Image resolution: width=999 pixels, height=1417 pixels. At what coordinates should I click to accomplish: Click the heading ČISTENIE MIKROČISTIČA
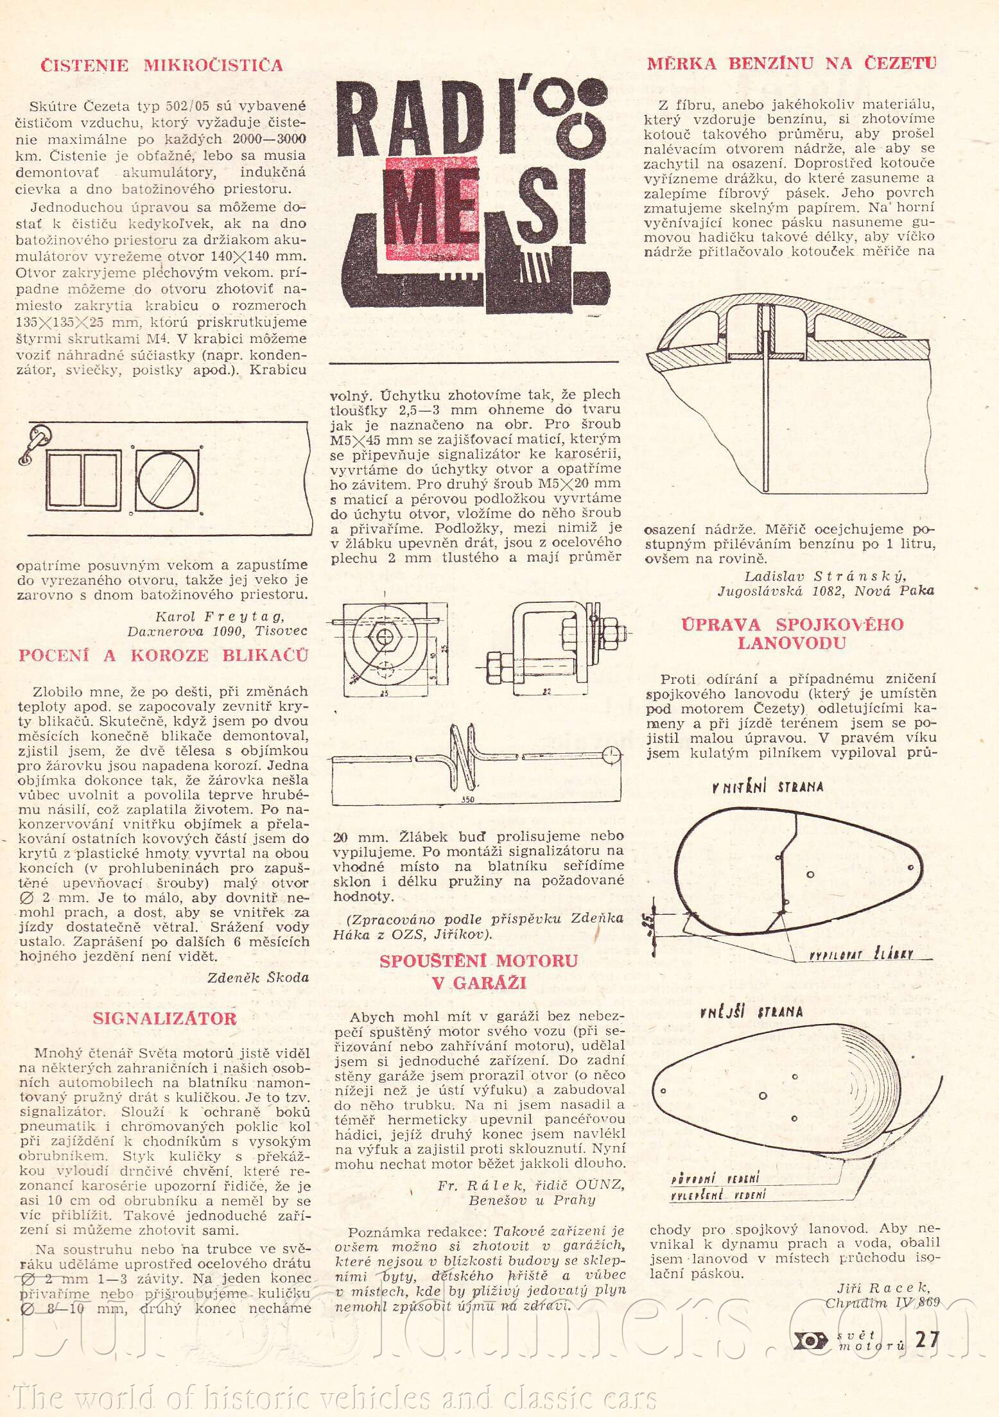(x=161, y=65)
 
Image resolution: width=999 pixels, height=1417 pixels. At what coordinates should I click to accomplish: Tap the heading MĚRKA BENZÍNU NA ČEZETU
(x=791, y=63)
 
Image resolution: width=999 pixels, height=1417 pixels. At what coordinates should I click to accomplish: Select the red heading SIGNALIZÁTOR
(x=164, y=1018)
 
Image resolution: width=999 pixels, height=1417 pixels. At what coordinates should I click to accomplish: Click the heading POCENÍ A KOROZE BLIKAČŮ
(x=164, y=655)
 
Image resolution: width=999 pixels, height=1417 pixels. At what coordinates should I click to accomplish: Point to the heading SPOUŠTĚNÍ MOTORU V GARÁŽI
(x=478, y=971)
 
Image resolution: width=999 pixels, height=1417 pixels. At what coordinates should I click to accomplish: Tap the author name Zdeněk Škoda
(x=258, y=977)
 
